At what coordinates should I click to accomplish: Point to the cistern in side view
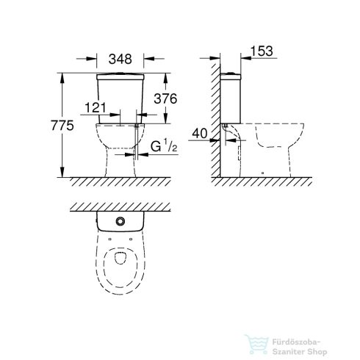tap(240, 96)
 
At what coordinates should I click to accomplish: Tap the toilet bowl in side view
tap(276, 147)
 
